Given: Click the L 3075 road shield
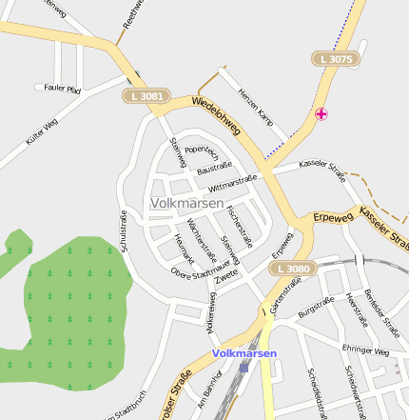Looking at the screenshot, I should pyautogui.click(x=337, y=59).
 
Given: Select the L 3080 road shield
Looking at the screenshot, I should pyautogui.click(x=290, y=270).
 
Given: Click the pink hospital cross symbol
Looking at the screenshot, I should pyautogui.click(x=321, y=114).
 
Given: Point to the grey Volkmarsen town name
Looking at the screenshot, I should pyautogui.click(x=187, y=203).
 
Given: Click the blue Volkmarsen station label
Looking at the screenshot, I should pyautogui.click(x=244, y=353).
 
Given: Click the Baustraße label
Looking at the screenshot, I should pyautogui.click(x=214, y=168).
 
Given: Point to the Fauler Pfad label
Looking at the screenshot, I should pyautogui.click(x=63, y=88).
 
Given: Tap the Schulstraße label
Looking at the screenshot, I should pyautogui.click(x=124, y=230).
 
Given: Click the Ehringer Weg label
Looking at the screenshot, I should pyautogui.click(x=367, y=351).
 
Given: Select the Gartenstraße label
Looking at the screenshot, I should pyautogui.click(x=279, y=299).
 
